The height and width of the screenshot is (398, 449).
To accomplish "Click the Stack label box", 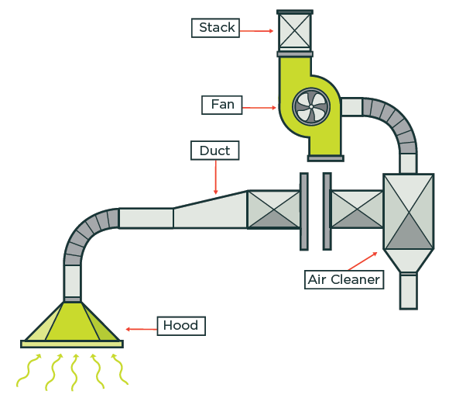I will coord(216,28).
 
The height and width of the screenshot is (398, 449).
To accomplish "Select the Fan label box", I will coord(222,105).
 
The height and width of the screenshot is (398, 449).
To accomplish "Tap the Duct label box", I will coord(214,151).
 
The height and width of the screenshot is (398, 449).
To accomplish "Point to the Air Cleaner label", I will coord(344,279).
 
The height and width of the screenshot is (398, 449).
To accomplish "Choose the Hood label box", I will coord(181,326).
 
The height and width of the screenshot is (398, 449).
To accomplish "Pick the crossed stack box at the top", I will coord(295,31).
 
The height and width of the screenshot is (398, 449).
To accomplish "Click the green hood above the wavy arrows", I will coord(72,323).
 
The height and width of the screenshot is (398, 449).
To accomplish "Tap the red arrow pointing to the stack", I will coord(255,30).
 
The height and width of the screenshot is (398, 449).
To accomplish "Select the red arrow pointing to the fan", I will coord(261,106).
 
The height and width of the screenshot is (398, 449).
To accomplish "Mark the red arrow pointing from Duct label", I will coord(216,177).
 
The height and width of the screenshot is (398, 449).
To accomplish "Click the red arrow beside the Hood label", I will coord(141,329).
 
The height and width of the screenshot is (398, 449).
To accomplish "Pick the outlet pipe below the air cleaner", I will coord(408,291).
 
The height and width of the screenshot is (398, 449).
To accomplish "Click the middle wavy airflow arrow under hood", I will coord(75,372).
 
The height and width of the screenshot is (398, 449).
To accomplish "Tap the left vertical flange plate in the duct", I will coord(304,210).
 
